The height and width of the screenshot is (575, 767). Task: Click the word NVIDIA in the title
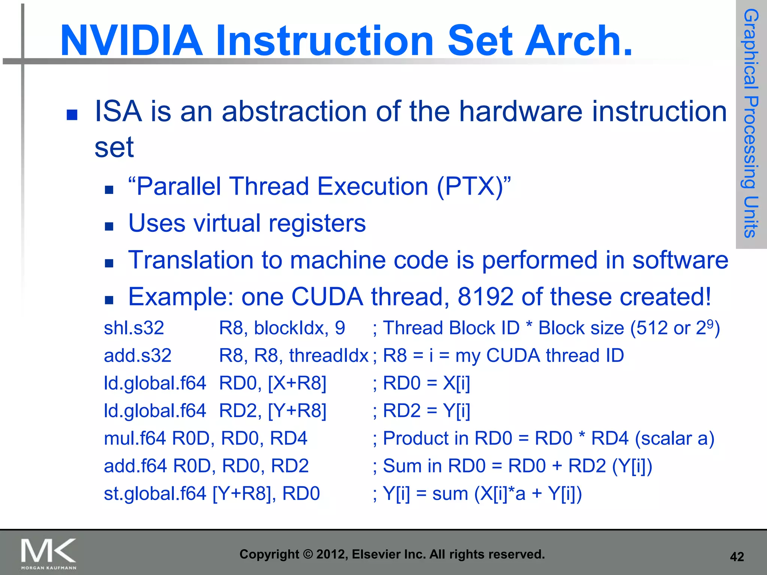click(x=131, y=40)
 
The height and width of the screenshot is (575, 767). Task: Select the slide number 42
click(x=737, y=557)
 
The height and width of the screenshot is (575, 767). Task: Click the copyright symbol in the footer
click(x=307, y=554)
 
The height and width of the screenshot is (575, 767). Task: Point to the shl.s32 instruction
click(x=134, y=328)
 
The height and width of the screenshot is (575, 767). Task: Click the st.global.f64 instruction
click(x=155, y=493)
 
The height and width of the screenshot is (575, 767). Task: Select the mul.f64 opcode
click(x=134, y=438)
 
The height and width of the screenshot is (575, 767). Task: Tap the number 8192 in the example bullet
click(x=485, y=297)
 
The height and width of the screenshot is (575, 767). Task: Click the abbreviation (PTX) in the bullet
click(x=470, y=186)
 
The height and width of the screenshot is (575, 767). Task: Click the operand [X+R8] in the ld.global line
click(x=297, y=383)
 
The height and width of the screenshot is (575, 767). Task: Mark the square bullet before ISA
click(x=72, y=115)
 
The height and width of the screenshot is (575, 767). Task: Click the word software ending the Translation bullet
click(x=680, y=260)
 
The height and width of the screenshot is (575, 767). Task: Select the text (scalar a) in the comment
click(x=674, y=438)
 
